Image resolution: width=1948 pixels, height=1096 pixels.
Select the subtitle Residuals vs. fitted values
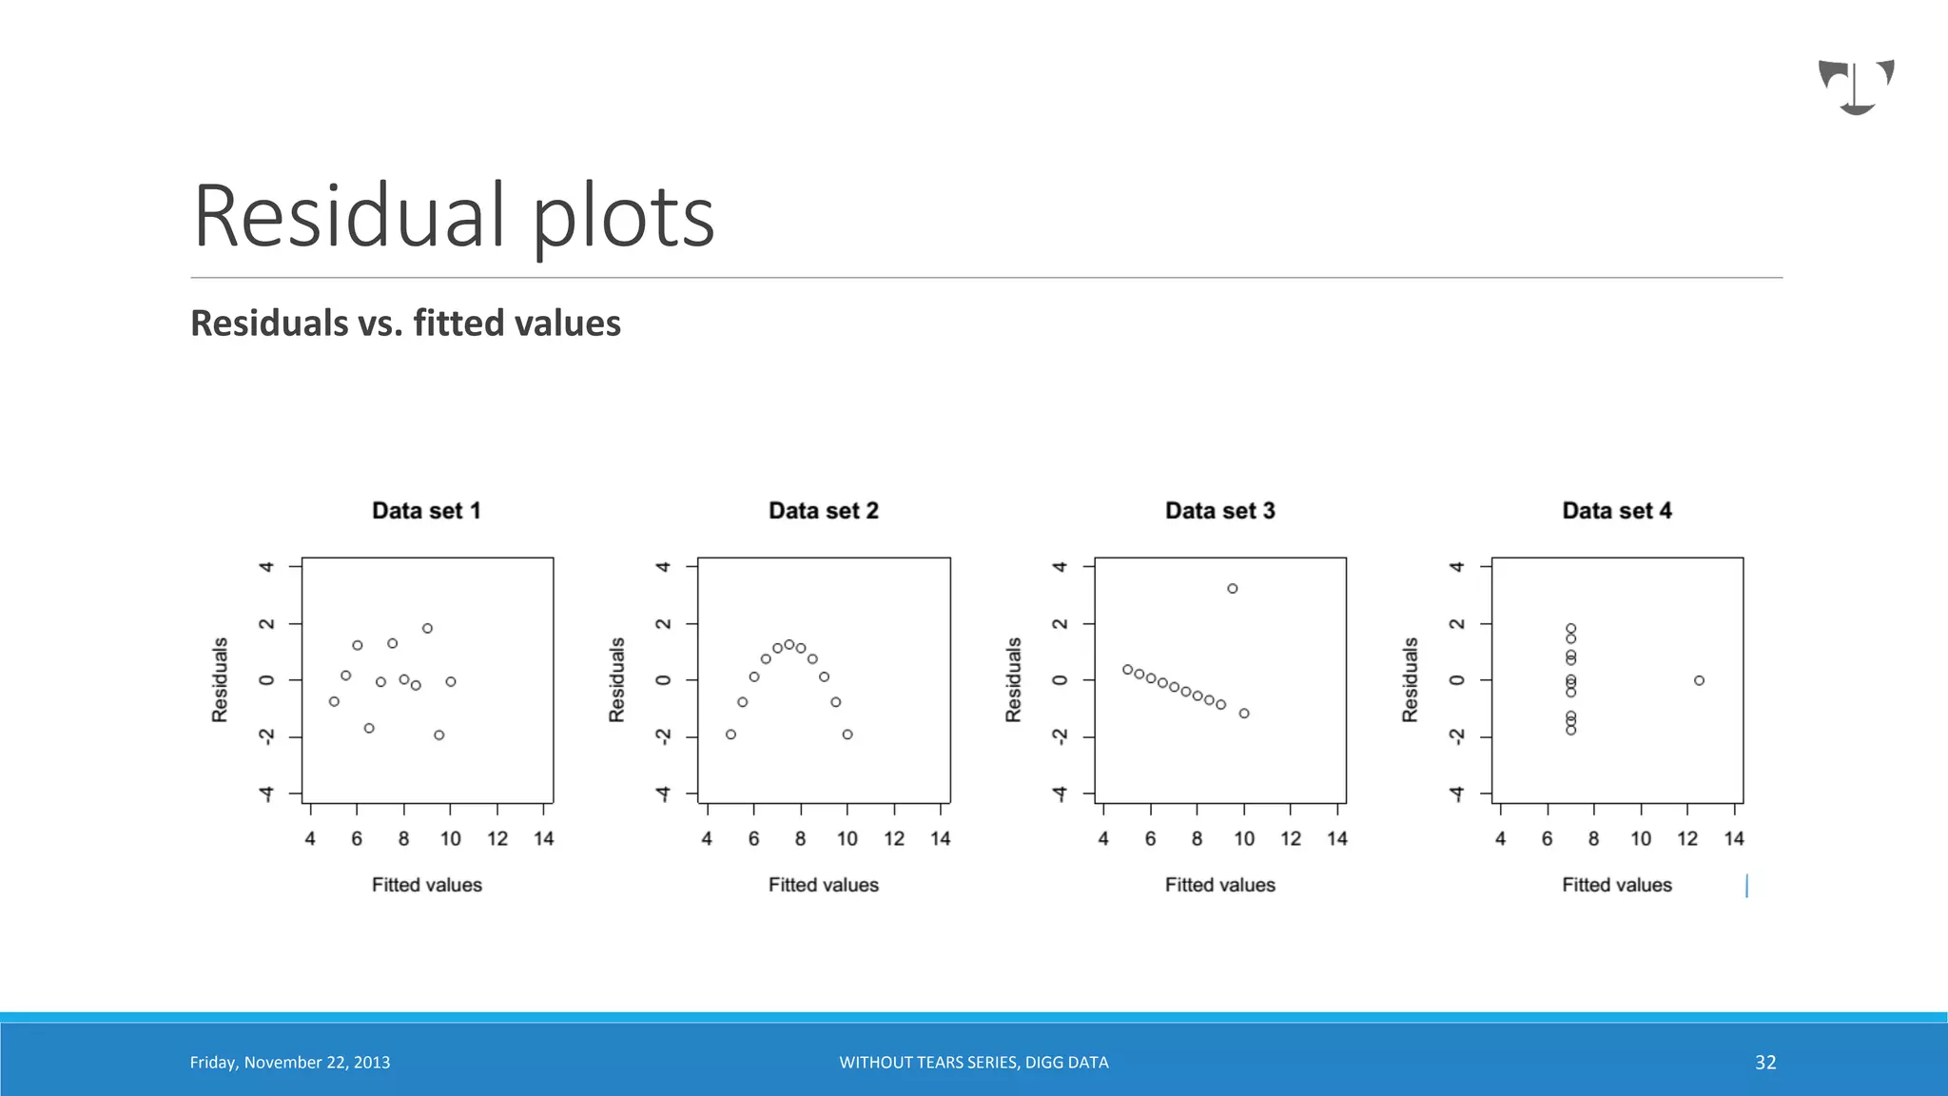point(405,323)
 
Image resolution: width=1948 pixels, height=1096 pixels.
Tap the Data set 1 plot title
point(426,511)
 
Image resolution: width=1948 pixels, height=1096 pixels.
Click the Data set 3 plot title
point(1219,511)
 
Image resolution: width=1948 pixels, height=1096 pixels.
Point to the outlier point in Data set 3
point(1232,589)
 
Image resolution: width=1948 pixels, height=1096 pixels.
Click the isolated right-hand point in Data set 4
point(1699,680)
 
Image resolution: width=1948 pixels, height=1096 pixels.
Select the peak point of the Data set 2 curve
point(789,645)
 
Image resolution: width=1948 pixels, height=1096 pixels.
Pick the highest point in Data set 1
point(427,629)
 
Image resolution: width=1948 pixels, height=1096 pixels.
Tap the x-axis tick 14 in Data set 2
point(940,838)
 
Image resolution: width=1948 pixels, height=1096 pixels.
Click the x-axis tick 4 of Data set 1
point(310,838)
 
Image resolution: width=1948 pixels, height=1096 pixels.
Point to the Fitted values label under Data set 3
point(1219,885)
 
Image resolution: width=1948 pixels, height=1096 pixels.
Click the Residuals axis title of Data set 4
point(1410,679)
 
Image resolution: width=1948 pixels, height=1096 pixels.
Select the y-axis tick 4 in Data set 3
point(1060,567)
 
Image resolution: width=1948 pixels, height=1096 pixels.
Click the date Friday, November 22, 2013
point(290,1063)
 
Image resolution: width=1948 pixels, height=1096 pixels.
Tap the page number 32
point(1765,1063)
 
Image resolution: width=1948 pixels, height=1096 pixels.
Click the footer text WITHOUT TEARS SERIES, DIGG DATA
point(973,1063)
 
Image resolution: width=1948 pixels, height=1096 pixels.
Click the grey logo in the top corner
point(1856,87)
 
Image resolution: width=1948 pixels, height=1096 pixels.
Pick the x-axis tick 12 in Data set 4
point(1687,838)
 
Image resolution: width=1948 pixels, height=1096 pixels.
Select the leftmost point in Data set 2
point(730,734)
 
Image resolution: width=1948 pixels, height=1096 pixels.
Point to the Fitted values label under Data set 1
point(426,885)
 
